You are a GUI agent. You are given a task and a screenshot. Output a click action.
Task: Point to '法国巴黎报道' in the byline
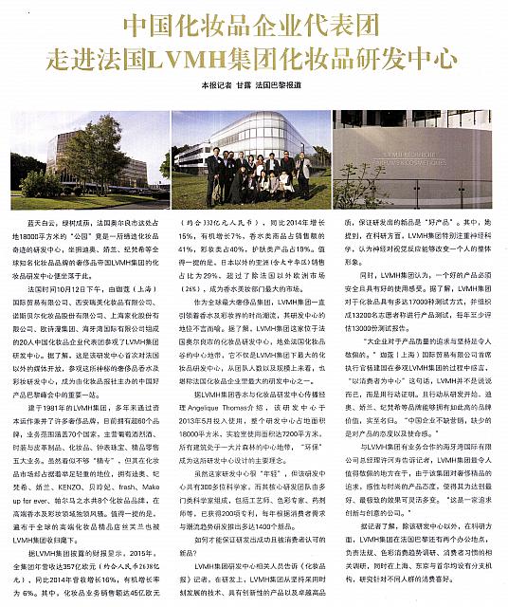289,84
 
